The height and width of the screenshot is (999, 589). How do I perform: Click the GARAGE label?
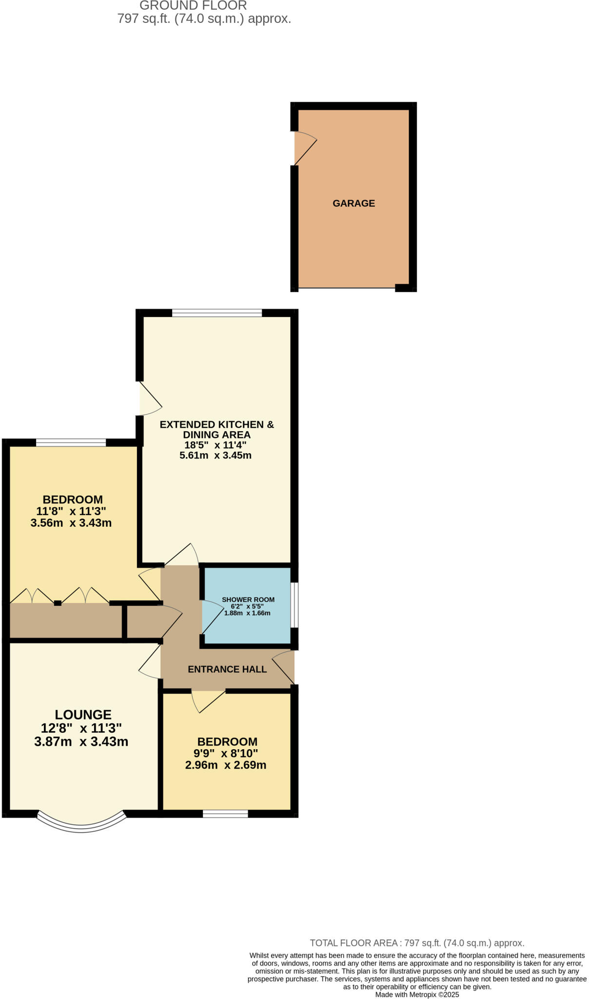tap(353, 203)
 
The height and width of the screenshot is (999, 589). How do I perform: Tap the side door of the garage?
tap(302, 148)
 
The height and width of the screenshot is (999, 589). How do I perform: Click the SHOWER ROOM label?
tap(248, 599)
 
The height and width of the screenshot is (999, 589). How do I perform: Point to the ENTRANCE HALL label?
tap(227, 669)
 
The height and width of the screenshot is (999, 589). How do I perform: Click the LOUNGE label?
tap(83, 715)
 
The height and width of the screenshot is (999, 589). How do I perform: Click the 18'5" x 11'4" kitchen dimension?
tap(216, 445)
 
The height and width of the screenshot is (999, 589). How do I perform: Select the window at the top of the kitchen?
tap(217, 313)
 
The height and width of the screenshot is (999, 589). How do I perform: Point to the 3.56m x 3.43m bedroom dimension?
tap(71, 523)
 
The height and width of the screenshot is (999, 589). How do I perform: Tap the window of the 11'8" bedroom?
tap(71, 443)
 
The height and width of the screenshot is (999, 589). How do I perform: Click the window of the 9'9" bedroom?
tap(225, 813)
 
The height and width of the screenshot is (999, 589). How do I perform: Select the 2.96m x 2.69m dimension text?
tap(226, 765)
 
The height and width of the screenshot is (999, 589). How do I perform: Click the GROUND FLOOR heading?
tap(193, 6)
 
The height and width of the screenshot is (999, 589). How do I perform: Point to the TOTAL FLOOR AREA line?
tap(417, 943)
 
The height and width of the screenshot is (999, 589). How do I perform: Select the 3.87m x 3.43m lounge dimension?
tap(81, 742)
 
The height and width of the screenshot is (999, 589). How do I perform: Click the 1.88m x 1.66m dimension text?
tap(247, 613)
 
